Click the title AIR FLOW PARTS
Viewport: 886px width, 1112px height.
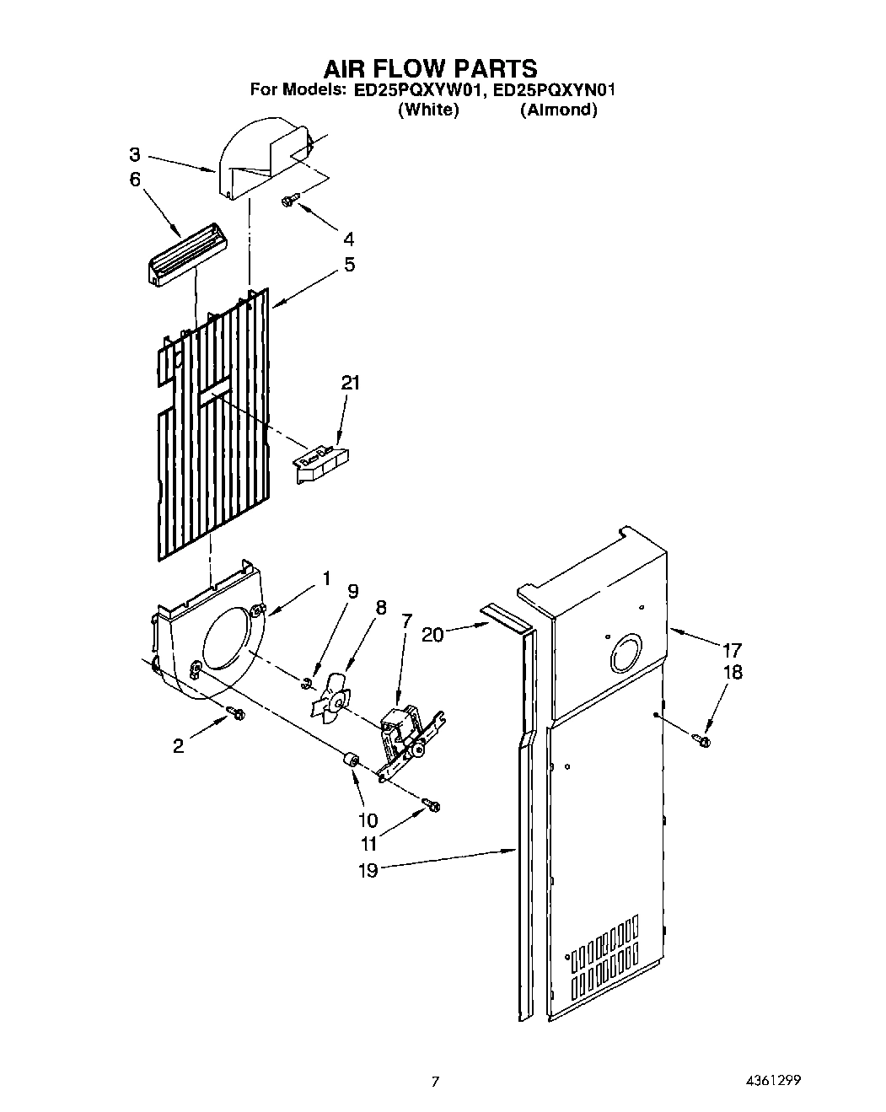430,67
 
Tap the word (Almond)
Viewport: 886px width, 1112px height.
558,110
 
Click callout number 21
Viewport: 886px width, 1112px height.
350,383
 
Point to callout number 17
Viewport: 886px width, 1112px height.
732,650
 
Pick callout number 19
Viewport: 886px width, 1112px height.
368,870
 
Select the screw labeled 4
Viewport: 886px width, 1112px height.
289,200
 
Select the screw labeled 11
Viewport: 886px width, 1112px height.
433,806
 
